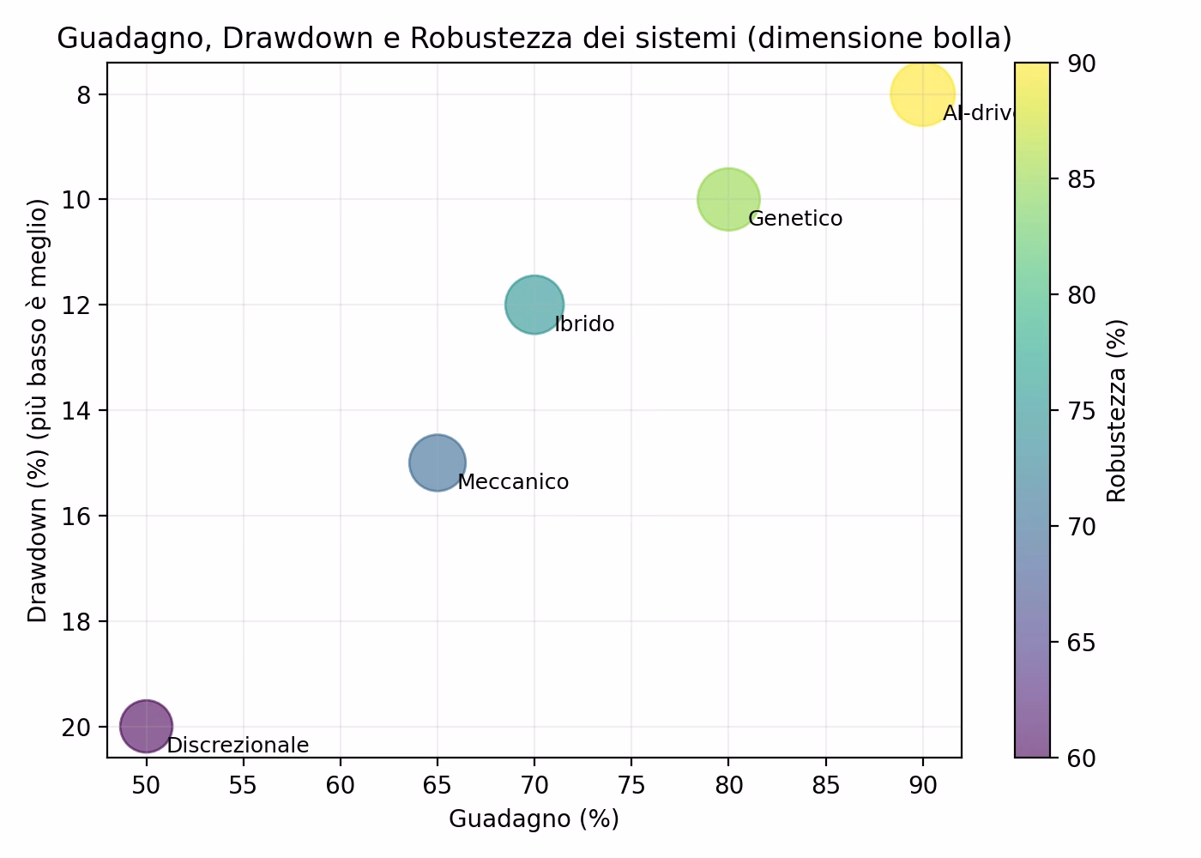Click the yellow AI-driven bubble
pyautogui.click(x=922, y=94)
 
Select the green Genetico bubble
pyautogui.click(x=728, y=199)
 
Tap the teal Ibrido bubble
pyautogui.click(x=534, y=305)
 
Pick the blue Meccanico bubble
pyautogui.click(x=438, y=462)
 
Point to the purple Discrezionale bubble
pyautogui.click(x=147, y=726)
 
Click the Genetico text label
pyautogui.click(x=795, y=219)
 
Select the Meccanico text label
pyautogui.click(x=513, y=482)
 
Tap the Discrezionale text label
pyautogui.click(x=238, y=746)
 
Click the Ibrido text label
pyautogui.click(x=584, y=324)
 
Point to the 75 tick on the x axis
pyautogui.click(x=631, y=785)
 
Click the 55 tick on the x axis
pyautogui.click(x=244, y=785)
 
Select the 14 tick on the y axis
pyautogui.click(x=78, y=410)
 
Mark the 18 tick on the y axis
pyautogui.click(x=78, y=621)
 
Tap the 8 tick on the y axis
pyautogui.click(x=83, y=94)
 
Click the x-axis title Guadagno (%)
pyautogui.click(x=534, y=819)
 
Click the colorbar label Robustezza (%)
pyautogui.click(x=1115, y=410)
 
